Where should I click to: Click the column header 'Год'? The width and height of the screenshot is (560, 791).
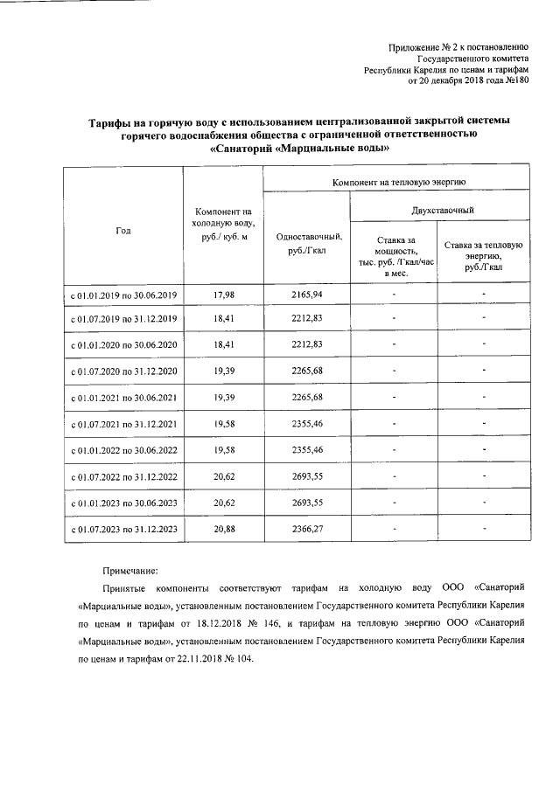point(122,230)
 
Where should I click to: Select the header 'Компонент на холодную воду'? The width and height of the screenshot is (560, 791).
point(223,225)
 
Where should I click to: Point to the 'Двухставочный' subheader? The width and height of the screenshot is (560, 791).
point(443,211)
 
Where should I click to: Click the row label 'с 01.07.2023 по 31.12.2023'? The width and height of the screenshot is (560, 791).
point(123,529)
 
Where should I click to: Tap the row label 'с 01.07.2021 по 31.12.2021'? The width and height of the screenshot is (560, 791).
point(123,425)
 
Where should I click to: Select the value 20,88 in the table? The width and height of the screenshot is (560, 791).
point(224,529)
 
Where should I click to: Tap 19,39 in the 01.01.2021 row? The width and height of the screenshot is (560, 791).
point(224,399)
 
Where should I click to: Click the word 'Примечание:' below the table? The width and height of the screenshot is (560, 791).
point(131,569)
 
